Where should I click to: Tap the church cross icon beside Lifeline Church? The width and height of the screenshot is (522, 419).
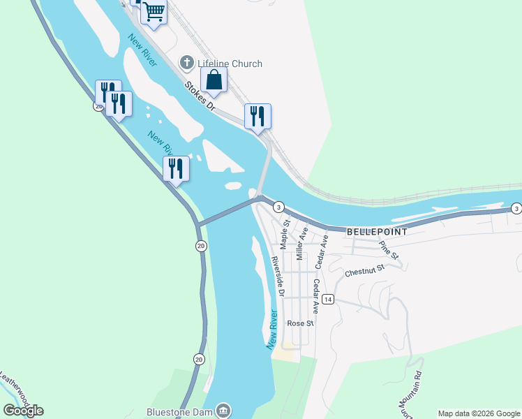(x=186, y=64)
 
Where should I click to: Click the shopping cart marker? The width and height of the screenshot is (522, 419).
(x=154, y=12)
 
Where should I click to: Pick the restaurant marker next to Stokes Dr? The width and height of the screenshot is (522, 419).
(x=258, y=116)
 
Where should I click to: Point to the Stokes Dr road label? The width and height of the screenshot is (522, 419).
(x=200, y=96)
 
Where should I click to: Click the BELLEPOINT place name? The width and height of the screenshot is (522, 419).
(x=376, y=230)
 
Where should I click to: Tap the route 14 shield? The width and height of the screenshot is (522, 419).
(x=329, y=299)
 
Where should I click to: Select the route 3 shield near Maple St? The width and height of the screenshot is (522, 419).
(x=278, y=207)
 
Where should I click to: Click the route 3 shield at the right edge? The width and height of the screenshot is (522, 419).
(x=516, y=209)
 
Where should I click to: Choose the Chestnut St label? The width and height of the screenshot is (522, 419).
(x=364, y=270)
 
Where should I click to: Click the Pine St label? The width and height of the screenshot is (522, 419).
(x=388, y=250)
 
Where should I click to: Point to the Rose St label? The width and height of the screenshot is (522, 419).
(x=301, y=323)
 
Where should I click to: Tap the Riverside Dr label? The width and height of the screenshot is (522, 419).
(x=277, y=276)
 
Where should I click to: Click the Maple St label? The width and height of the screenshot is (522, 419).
(x=285, y=234)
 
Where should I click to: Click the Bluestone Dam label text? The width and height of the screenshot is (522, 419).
(x=180, y=411)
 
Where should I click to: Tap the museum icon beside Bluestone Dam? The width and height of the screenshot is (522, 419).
(x=223, y=411)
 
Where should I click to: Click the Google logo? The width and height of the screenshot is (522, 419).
(x=23, y=411)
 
